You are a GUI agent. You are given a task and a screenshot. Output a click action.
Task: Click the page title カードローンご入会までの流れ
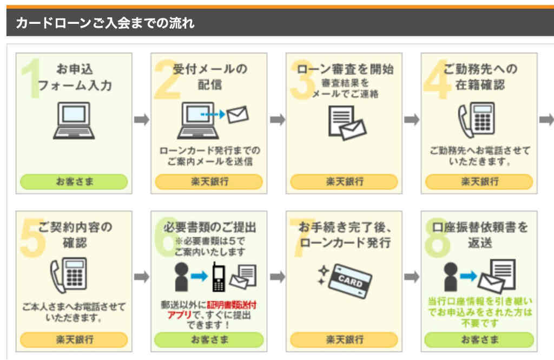click(x=105, y=23)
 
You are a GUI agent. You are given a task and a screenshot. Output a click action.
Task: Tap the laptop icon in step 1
click(x=74, y=121)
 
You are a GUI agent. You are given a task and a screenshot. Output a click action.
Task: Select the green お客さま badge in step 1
click(x=74, y=181)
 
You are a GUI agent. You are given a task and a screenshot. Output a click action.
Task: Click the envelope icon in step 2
click(x=238, y=114)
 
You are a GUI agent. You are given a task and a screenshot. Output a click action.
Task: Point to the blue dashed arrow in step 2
click(x=213, y=114)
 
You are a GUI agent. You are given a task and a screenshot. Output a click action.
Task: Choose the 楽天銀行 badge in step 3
click(x=344, y=181)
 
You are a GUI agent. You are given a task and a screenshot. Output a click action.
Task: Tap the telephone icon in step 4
click(x=477, y=120)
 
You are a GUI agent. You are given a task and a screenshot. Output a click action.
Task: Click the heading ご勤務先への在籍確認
click(x=480, y=77)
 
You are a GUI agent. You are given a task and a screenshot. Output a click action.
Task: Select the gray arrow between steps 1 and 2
click(x=142, y=120)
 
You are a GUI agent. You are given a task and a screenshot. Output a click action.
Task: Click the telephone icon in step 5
click(x=69, y=275)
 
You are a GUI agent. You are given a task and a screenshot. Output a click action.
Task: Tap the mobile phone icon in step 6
click(x=219, y=277)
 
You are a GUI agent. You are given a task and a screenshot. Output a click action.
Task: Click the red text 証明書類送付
click(x=232, y=304)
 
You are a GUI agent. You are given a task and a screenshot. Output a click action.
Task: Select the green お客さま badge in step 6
click(x=209, y=339)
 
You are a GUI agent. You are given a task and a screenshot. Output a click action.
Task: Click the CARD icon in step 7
click(x=350, y=281)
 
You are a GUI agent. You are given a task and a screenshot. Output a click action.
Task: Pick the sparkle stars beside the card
click(x=322, y=276)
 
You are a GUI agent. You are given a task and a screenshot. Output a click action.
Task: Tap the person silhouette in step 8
click(x=451, y=277)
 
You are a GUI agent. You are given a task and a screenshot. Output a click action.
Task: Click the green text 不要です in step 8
click(x=480, y=323)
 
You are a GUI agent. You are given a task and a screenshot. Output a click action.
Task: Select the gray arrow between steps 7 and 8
click(x=412, y=277)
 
